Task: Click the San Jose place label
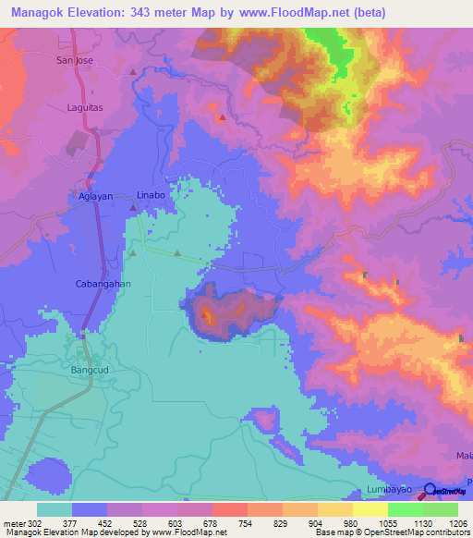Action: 76,60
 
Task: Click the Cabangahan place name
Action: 100,285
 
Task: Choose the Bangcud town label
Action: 91,370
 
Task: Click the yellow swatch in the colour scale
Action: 370,509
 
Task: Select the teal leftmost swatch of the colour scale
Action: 54,509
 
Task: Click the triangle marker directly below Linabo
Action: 133,210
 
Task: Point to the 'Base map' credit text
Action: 332,532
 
